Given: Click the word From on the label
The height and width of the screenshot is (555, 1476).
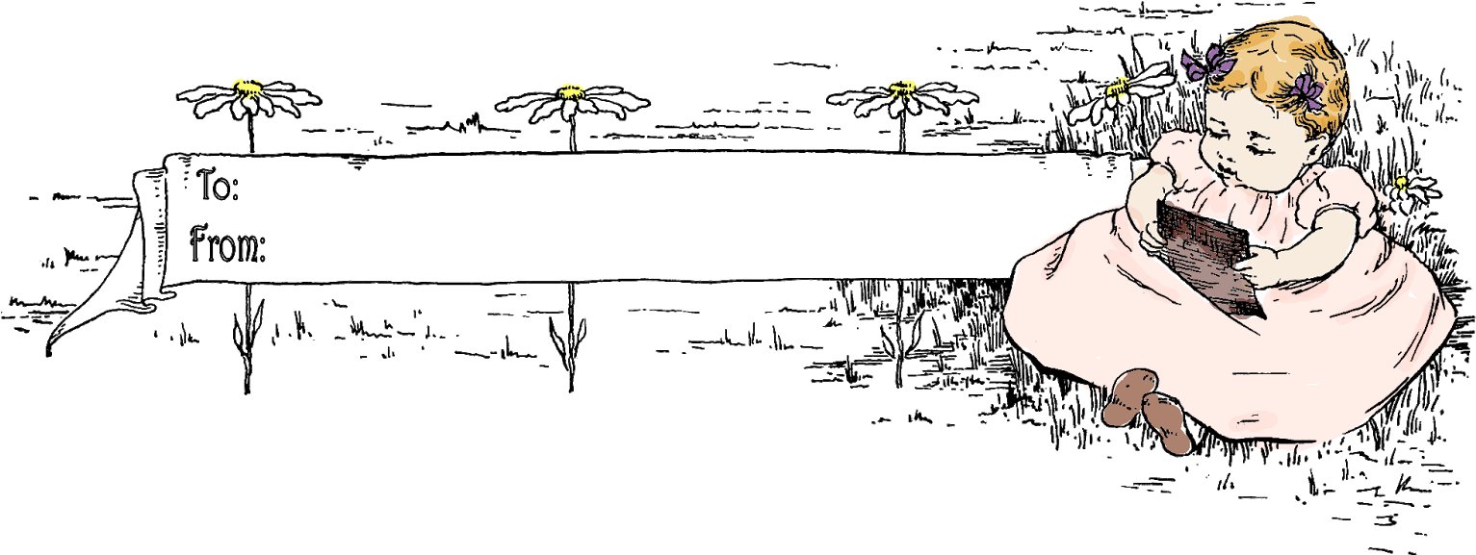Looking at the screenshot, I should pyautogui.click(x=227, y=246).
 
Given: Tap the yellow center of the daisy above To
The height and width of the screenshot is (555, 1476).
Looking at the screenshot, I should pyautogui.click(x=247, y=88).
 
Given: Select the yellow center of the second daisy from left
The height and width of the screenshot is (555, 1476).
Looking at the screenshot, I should pyautogui.click(x=572, y=92).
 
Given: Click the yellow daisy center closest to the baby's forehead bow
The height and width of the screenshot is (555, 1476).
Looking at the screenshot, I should pyautogui.click(x=1118, y=89).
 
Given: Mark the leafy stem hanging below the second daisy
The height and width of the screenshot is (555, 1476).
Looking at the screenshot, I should pyautogui.click(x=572, y=337).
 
